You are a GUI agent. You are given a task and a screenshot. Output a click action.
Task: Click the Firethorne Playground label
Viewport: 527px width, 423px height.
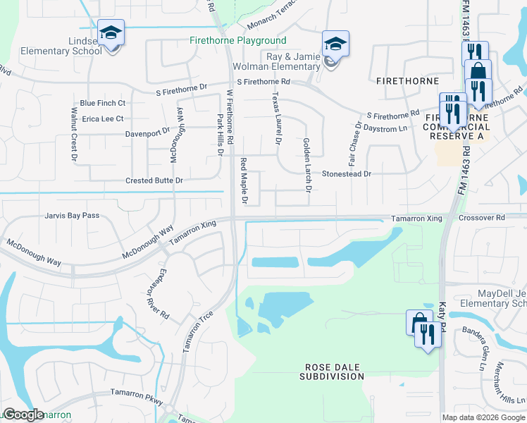click(x=238, y=41)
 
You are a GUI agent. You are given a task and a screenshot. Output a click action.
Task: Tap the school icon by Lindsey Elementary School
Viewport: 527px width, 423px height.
click(x=111, y=33)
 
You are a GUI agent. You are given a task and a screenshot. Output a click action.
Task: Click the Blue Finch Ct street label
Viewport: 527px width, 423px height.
click(x=102, y=103)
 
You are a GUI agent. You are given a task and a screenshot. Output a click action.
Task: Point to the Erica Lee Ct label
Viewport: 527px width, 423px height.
click(x=103, y=119)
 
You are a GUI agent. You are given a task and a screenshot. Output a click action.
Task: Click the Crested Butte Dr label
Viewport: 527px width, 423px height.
click(x=154, y=181)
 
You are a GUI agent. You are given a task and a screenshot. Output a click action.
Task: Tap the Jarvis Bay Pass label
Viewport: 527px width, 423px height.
click(x=72, y=216)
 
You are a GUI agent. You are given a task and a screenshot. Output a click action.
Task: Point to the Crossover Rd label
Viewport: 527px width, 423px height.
click(x=482, y=219)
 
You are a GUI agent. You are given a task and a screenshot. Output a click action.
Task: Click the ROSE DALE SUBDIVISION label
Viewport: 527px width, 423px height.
click(x=334, y=372)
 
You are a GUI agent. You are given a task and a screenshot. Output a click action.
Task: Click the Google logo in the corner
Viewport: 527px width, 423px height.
click(x=23, y=415)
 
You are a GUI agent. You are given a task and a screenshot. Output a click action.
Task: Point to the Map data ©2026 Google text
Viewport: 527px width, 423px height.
click(x=483, y=417)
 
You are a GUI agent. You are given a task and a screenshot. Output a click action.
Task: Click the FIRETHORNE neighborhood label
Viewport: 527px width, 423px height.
click(x=408, y=81)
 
